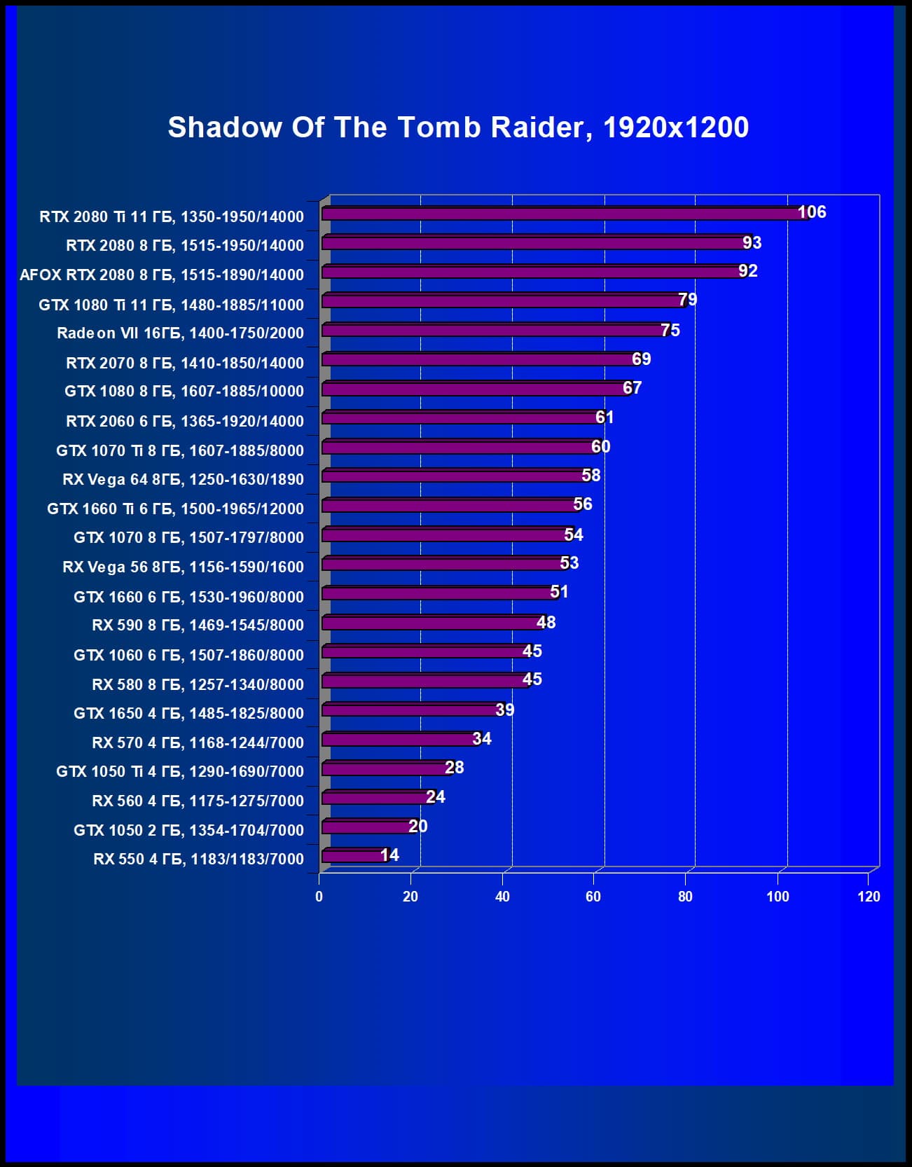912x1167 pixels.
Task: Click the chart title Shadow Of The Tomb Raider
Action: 458,127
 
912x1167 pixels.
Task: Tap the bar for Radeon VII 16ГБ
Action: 490,330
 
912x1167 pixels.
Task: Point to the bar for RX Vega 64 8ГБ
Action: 452,476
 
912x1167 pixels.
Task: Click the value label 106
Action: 812,212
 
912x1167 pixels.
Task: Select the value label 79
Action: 687,300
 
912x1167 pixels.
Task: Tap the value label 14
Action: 389,855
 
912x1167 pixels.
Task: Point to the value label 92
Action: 747,271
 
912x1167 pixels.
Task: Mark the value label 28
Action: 454,768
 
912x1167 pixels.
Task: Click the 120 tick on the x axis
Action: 869,897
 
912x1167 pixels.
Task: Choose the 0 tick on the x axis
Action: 319,897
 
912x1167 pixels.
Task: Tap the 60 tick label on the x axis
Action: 593,897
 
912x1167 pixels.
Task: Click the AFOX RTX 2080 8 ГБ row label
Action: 162,275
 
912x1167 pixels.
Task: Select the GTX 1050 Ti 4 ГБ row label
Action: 180,771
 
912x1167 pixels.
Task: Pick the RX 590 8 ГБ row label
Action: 198,625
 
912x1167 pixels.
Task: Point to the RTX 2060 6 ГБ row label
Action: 185,421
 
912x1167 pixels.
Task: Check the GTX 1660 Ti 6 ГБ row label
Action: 176,509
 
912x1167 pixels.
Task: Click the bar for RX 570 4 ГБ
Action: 399,739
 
